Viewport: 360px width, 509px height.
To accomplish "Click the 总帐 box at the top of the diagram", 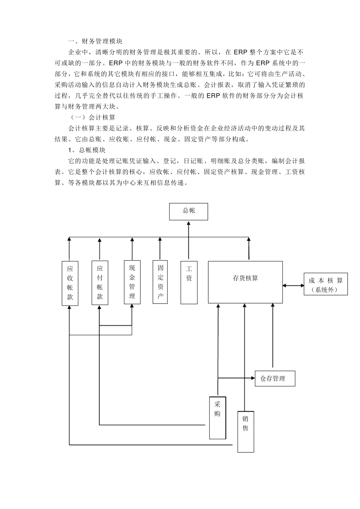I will (x=188, y=211).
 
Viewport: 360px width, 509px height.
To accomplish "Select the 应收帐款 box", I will (x=70, y=283).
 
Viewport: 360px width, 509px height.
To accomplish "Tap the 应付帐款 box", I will (x=100, y=283).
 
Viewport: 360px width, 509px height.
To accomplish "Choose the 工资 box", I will (x=189, y=282).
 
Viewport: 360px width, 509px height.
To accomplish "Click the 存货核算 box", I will (x=245, y=282).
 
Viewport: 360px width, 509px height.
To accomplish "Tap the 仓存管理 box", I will (x=275, y=378).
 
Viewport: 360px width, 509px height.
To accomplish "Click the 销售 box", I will (x=246, y=431).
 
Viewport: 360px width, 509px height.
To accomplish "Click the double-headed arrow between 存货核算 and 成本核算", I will (x=293, y=285).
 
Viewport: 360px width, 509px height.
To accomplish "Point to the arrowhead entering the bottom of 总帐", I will (x=188, y=223).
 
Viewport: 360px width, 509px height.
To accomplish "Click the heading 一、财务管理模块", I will (x=95, y=41).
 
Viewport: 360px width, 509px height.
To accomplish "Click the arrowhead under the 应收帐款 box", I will (x=70, y=308).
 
